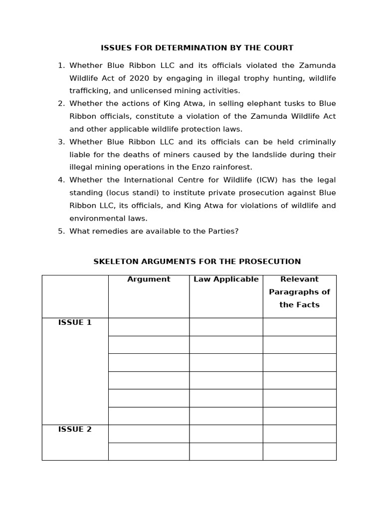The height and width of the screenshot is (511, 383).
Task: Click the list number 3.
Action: click(x=61, y=142)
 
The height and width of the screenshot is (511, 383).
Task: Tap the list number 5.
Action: click(x=61, y=231)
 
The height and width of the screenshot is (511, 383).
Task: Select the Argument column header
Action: click(x=149, y=279)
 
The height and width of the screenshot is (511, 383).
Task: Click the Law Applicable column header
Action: click(x=226, y=279)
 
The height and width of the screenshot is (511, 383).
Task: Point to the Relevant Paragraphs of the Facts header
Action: click(x=299, y=292)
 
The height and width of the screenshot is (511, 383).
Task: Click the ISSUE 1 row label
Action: click(x=75, y=322)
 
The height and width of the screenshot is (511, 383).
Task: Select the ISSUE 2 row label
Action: click(x=75, y=429)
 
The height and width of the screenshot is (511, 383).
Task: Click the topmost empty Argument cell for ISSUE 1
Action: click(x=149, y=327)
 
